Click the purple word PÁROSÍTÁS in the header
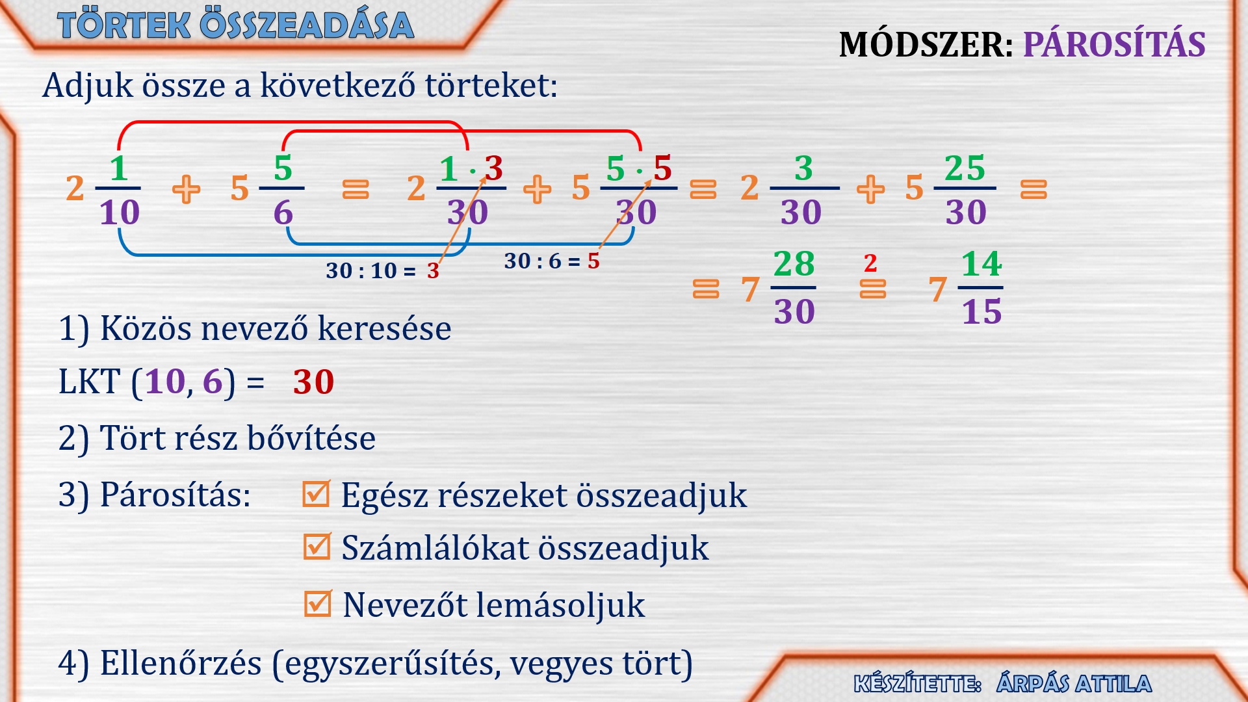pyautogui.click(x=1114, y=44)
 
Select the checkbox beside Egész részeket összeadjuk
pyautogui.click(x=317, y=493)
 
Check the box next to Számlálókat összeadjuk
pyautogui.click(x=317, y=547)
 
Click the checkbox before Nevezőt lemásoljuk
pyautogui.click(x=318, y=603)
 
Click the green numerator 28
pyautogui.click(x=794, y=264)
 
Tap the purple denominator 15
pyautogui.click(x=981, y=312)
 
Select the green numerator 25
pyautogui.click(x=965, y=168)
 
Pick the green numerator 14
pyautogui.click(x=981, y=264)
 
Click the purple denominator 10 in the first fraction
pyautogui.click(x=120, y=213)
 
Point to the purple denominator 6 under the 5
pyautogui.click(x=283, y=213)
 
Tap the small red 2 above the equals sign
pyautogui.click(x=870, y=263)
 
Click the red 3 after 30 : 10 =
pyautogui.click(x=433, y=270)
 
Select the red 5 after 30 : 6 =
pyautogui.click(x=593, y=261)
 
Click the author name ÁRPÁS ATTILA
pyautogui.click(x=1074, y=683)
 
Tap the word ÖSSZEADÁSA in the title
pyautogui.click(x=307, y=25)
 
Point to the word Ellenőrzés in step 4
pyautogui.click(x=181, y=664)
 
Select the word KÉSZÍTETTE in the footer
pyautogui.click(x=917, y=684)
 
